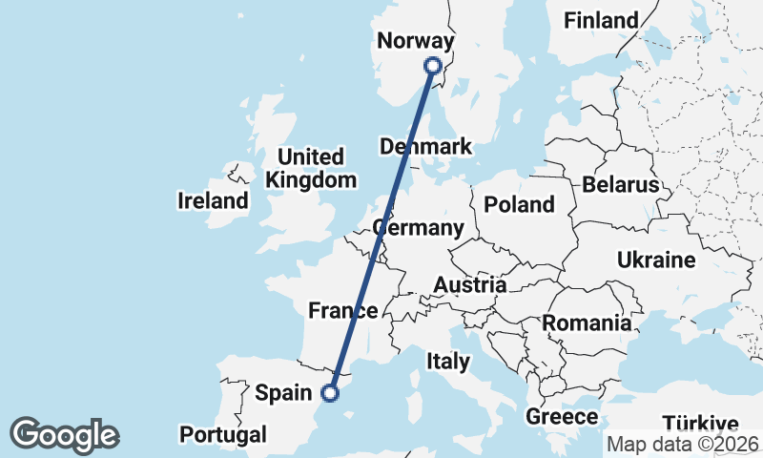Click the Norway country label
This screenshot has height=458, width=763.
[x=415, y=41]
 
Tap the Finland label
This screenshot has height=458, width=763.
[x=601, y=20]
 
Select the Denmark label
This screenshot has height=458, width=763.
[x=425, y=147]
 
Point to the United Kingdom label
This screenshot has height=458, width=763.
[x=311, y=168]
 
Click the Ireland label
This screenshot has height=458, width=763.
[x=213, y=201]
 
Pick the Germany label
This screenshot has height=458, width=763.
[x=419, y=229]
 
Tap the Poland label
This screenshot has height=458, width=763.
[x=519, y=204]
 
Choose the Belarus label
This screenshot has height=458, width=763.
[x=621, y=184]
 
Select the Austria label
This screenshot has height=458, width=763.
[x=469, y=285]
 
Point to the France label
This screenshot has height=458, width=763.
[x=342, y=310]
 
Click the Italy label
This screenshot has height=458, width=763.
[x=448, y=362]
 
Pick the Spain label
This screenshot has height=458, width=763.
[x=284, y=392]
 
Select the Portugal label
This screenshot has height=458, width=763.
[x=223, y=435]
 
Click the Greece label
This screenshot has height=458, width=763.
[x=562, y=417]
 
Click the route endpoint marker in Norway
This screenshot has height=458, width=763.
[x=433, y=66]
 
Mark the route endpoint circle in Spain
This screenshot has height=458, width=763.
[x=330, y=392]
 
